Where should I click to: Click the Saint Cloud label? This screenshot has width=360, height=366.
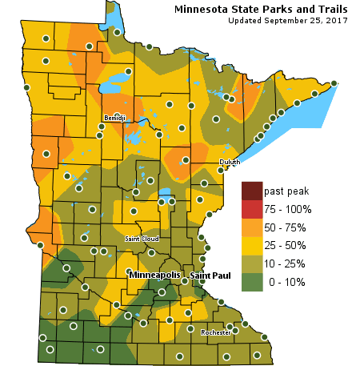pos(142,239)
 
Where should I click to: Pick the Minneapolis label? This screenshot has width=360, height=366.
pos(154,276)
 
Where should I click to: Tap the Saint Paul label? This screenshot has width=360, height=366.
pos(210,276)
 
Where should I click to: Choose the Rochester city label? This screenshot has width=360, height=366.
pos(216,332)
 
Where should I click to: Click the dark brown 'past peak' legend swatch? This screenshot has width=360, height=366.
pos(251,191)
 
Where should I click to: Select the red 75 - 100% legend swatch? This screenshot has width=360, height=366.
pos(251,209)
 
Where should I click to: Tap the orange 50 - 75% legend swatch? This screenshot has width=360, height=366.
pos(251,227)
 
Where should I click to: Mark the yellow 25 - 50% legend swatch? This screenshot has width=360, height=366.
pos(251,245)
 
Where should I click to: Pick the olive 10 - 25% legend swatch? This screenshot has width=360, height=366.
pos(251,263)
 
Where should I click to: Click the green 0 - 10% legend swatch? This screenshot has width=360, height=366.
pos(251,282)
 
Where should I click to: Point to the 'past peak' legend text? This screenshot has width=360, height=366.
pos(286,191)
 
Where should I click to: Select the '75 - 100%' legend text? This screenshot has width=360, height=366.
pos(290,209)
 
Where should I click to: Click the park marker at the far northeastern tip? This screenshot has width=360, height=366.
pos(334,82)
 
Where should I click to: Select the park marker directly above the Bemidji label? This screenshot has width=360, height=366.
pos(117,115)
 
